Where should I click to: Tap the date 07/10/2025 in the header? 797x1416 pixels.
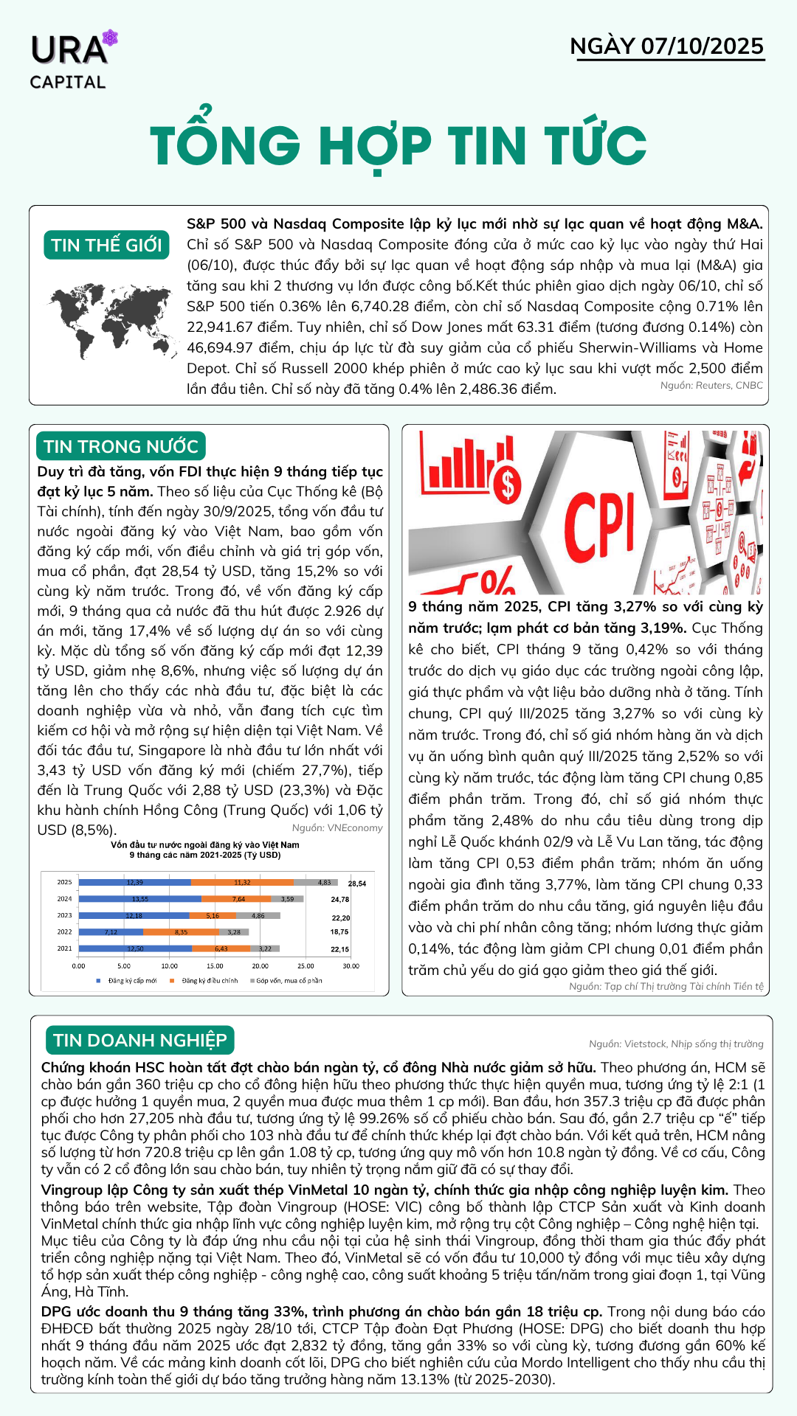pyautogui.click(x=702, y=46)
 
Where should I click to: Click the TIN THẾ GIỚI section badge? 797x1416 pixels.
pyautogui.click(x=106, y=245)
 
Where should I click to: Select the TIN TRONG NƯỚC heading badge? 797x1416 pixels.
pyautogui.click(x=121, y=446)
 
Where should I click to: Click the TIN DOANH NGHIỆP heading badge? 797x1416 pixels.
pyautogui.click(x=140, y=1040)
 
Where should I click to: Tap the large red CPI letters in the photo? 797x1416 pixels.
pyautogui.click(x=599, y=524)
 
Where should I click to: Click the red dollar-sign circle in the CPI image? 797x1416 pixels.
pyautogui.click(x=507, y=485)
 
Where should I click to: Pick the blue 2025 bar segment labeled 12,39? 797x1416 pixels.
pyautogui.click(x=134, y=882)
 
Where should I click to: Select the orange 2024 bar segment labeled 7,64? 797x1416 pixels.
pyautogui.click(x=238, y=899)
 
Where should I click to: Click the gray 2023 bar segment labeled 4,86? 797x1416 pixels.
pyautogui.click(x=258, y=915)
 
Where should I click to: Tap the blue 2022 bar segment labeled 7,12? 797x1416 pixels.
pyautogui.click(x=111, y=932)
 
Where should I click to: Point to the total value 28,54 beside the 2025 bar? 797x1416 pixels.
pyautogui.click(x=357, y=883)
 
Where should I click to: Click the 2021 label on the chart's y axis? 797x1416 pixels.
pyautogui.click(x=65, y=948)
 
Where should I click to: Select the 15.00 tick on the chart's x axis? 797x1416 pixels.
pyautogui.click(x=215, y=965)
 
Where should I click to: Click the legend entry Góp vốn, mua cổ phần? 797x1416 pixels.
pyautogui.click(x=289, y=981)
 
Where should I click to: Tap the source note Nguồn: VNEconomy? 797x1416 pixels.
pyautogui.click(x=337, y=827)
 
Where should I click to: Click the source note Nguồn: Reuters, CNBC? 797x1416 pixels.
pyautogui.click(x=711, y=385)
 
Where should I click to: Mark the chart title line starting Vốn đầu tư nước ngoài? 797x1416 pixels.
pyautogui.click(x=205, y=844)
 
